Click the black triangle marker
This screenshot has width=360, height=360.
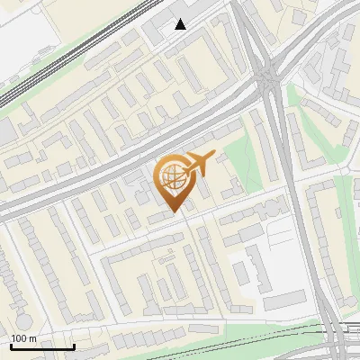pyautogui.click(x=181, y=24)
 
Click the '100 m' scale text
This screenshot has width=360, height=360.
pyautogui.click(x=23, y=337)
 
